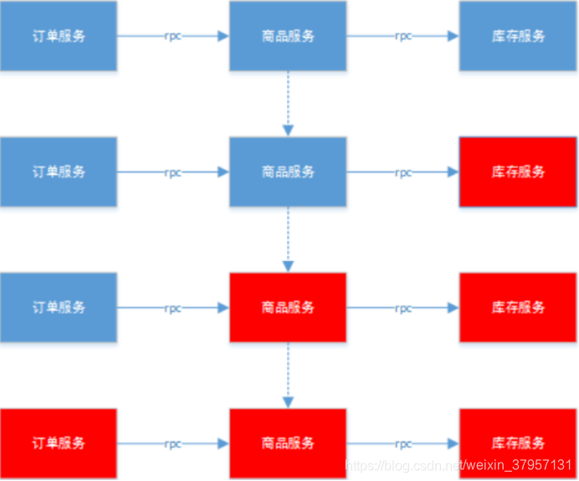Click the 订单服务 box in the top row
(58, 36)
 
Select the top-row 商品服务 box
(288, 36)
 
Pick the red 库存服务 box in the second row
(518, 172)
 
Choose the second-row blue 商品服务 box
(288, 172)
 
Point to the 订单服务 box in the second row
(58, 172)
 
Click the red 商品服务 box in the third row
(288, 308)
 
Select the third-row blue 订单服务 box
(58, 308)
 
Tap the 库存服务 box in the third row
(518, 308)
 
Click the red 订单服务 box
(58, 443)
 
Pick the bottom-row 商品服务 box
(288, 443)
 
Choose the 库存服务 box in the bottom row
(518, 443)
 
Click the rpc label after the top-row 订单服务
(172, 36)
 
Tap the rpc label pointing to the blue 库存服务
(403, 36)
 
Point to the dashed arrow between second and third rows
(288, 239)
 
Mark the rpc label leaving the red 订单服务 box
(172, 443)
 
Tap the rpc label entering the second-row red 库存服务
(403, 172)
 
